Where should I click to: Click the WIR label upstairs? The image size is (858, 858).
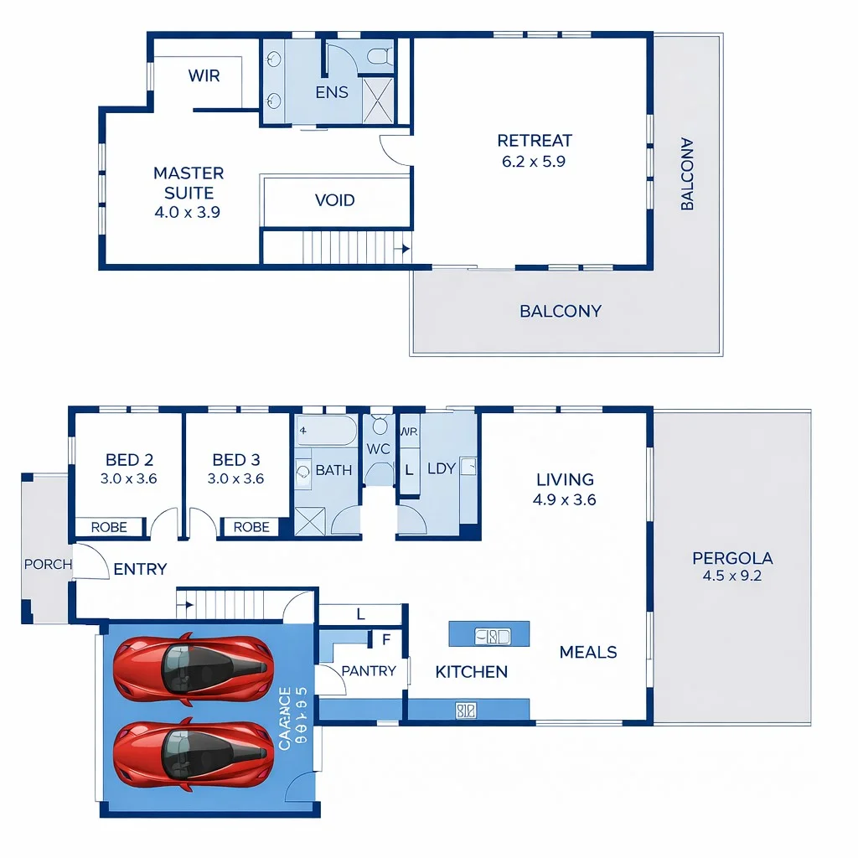(x=204, y=76)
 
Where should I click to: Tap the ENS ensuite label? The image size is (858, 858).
(x=332, y=93)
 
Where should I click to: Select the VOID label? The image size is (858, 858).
(x=335, y=200)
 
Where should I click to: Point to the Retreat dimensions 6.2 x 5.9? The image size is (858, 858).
(x=534, y=162)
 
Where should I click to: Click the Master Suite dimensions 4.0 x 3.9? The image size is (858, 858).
(x=188, y=213)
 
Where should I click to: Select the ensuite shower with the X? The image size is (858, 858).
(x=378, y=101)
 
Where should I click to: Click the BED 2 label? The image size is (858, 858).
(x=129, y=460)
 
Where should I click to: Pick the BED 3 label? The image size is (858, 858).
(x=236, y=460)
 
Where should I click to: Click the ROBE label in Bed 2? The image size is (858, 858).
(x=109, y=527)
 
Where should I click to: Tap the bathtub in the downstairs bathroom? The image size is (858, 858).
(x=326, y=432)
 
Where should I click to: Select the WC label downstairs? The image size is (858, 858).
(x=379, y=449)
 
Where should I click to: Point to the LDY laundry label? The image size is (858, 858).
(x=441, y=468)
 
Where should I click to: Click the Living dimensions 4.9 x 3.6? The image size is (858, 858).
(x=565, y=500)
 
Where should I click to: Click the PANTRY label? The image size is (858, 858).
(x=369, y=671)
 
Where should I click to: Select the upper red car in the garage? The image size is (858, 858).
(x=193, y=668)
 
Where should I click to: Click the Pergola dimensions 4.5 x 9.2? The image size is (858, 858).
(x=732, y=576)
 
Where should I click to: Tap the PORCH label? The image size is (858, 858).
(x=48, y=565)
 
